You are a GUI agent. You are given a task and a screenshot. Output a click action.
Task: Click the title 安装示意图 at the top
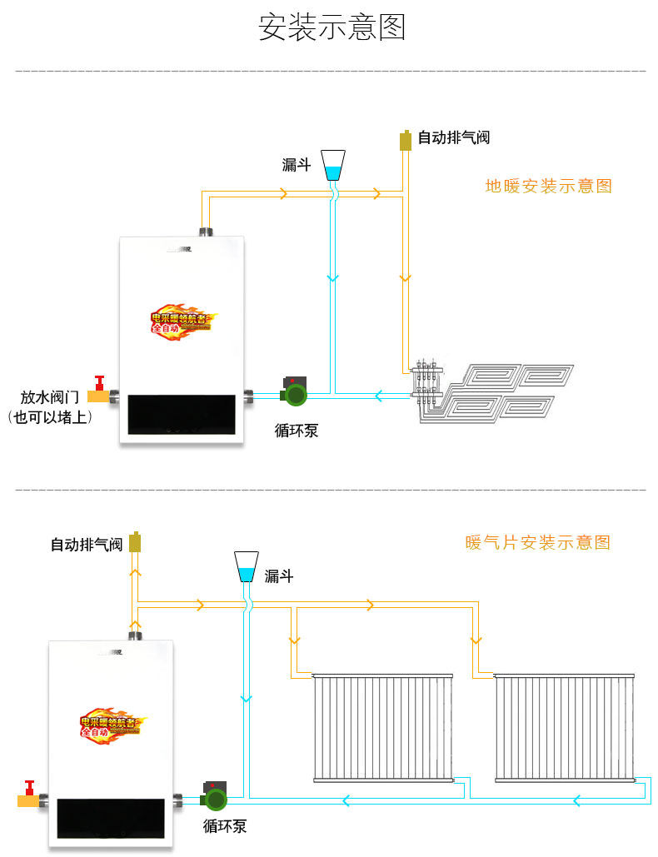point(331,27)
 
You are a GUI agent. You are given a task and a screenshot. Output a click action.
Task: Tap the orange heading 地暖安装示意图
point(548,186)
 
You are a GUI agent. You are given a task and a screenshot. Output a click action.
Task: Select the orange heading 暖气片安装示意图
point(537,543)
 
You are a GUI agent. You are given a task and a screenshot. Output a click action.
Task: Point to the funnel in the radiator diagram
point(247,566)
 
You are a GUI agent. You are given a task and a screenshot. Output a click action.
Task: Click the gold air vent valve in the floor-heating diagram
point(406,139)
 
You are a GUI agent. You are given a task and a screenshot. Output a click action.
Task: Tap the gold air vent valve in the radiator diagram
point(136,543)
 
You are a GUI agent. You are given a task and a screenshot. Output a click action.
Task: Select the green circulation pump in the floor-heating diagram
point(295,390)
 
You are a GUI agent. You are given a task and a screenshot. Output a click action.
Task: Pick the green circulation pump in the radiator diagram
point(215,796)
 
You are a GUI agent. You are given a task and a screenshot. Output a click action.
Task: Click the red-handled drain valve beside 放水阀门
point(101,392)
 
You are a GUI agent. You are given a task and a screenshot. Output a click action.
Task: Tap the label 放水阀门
point(49,397)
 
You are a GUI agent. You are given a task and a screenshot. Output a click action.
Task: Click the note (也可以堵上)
point(49,417)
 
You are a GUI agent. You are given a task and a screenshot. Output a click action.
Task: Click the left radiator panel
point(383,727)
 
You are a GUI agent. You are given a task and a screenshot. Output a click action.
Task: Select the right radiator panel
point(565,727)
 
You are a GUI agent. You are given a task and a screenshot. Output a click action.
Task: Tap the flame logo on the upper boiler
point(182,319)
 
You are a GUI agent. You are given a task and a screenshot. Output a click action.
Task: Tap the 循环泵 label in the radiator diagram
point(225,827)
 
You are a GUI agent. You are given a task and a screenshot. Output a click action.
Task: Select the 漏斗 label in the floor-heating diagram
point(297,165)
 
